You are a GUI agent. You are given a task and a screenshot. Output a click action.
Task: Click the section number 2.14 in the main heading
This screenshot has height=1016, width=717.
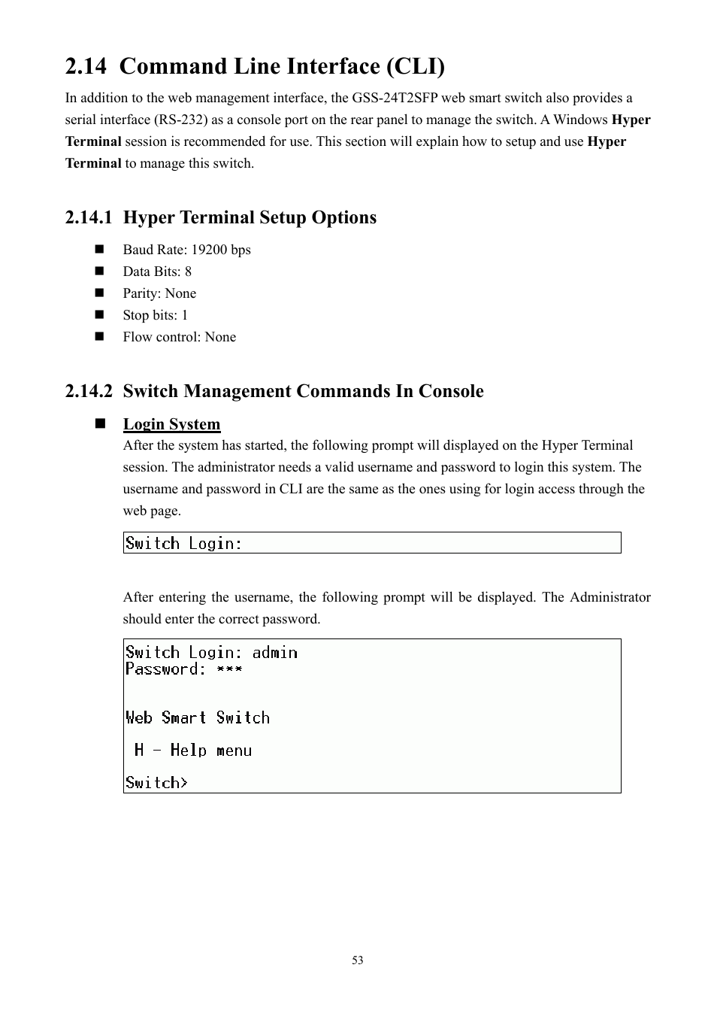(85, 67)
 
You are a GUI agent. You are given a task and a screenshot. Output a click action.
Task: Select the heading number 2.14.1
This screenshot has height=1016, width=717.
(88, 217)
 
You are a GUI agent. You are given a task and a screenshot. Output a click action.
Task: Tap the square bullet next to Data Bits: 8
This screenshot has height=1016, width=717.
(99, 271)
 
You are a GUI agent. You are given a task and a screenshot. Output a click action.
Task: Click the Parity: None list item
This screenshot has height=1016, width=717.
(159, 293)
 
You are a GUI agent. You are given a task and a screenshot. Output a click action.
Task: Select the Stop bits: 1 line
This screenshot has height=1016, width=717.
(155, 315)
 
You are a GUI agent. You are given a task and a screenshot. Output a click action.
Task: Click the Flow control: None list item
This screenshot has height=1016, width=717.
(179, 337)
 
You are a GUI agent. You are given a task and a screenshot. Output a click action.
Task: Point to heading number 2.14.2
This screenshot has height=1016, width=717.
(88, 391)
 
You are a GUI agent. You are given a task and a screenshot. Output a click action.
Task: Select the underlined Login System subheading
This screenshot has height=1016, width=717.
(171, 424)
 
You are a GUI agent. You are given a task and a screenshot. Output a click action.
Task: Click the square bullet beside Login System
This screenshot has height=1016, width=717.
(99, 423)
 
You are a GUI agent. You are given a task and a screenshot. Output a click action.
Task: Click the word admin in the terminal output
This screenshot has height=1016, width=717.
(274, 653)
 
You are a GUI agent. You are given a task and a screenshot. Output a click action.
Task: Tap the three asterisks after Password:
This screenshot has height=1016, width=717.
(229, 669)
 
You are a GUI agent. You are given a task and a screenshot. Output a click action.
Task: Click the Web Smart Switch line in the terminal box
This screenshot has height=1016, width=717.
(197, 717)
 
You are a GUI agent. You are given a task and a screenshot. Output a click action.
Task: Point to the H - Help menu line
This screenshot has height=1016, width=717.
(192, 750)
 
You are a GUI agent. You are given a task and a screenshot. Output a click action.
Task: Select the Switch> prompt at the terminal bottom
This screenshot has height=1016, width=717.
(156, 783)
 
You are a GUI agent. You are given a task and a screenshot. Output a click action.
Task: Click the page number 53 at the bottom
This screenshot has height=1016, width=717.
(358, 960)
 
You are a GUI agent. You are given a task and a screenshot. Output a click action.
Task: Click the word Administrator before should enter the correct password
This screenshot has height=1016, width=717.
(610, 597)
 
